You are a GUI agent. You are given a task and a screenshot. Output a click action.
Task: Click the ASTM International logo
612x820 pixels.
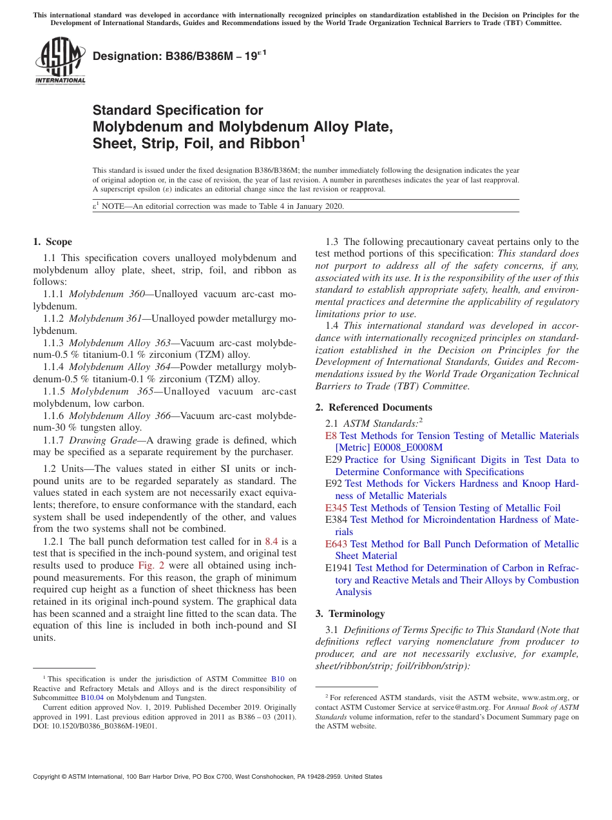[60, 62]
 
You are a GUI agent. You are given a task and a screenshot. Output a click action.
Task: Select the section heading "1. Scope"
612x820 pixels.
[52, 242]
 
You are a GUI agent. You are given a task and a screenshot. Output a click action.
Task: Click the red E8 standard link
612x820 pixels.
[331, 436]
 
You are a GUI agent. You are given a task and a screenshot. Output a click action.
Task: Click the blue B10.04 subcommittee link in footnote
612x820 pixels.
[90, 697]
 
